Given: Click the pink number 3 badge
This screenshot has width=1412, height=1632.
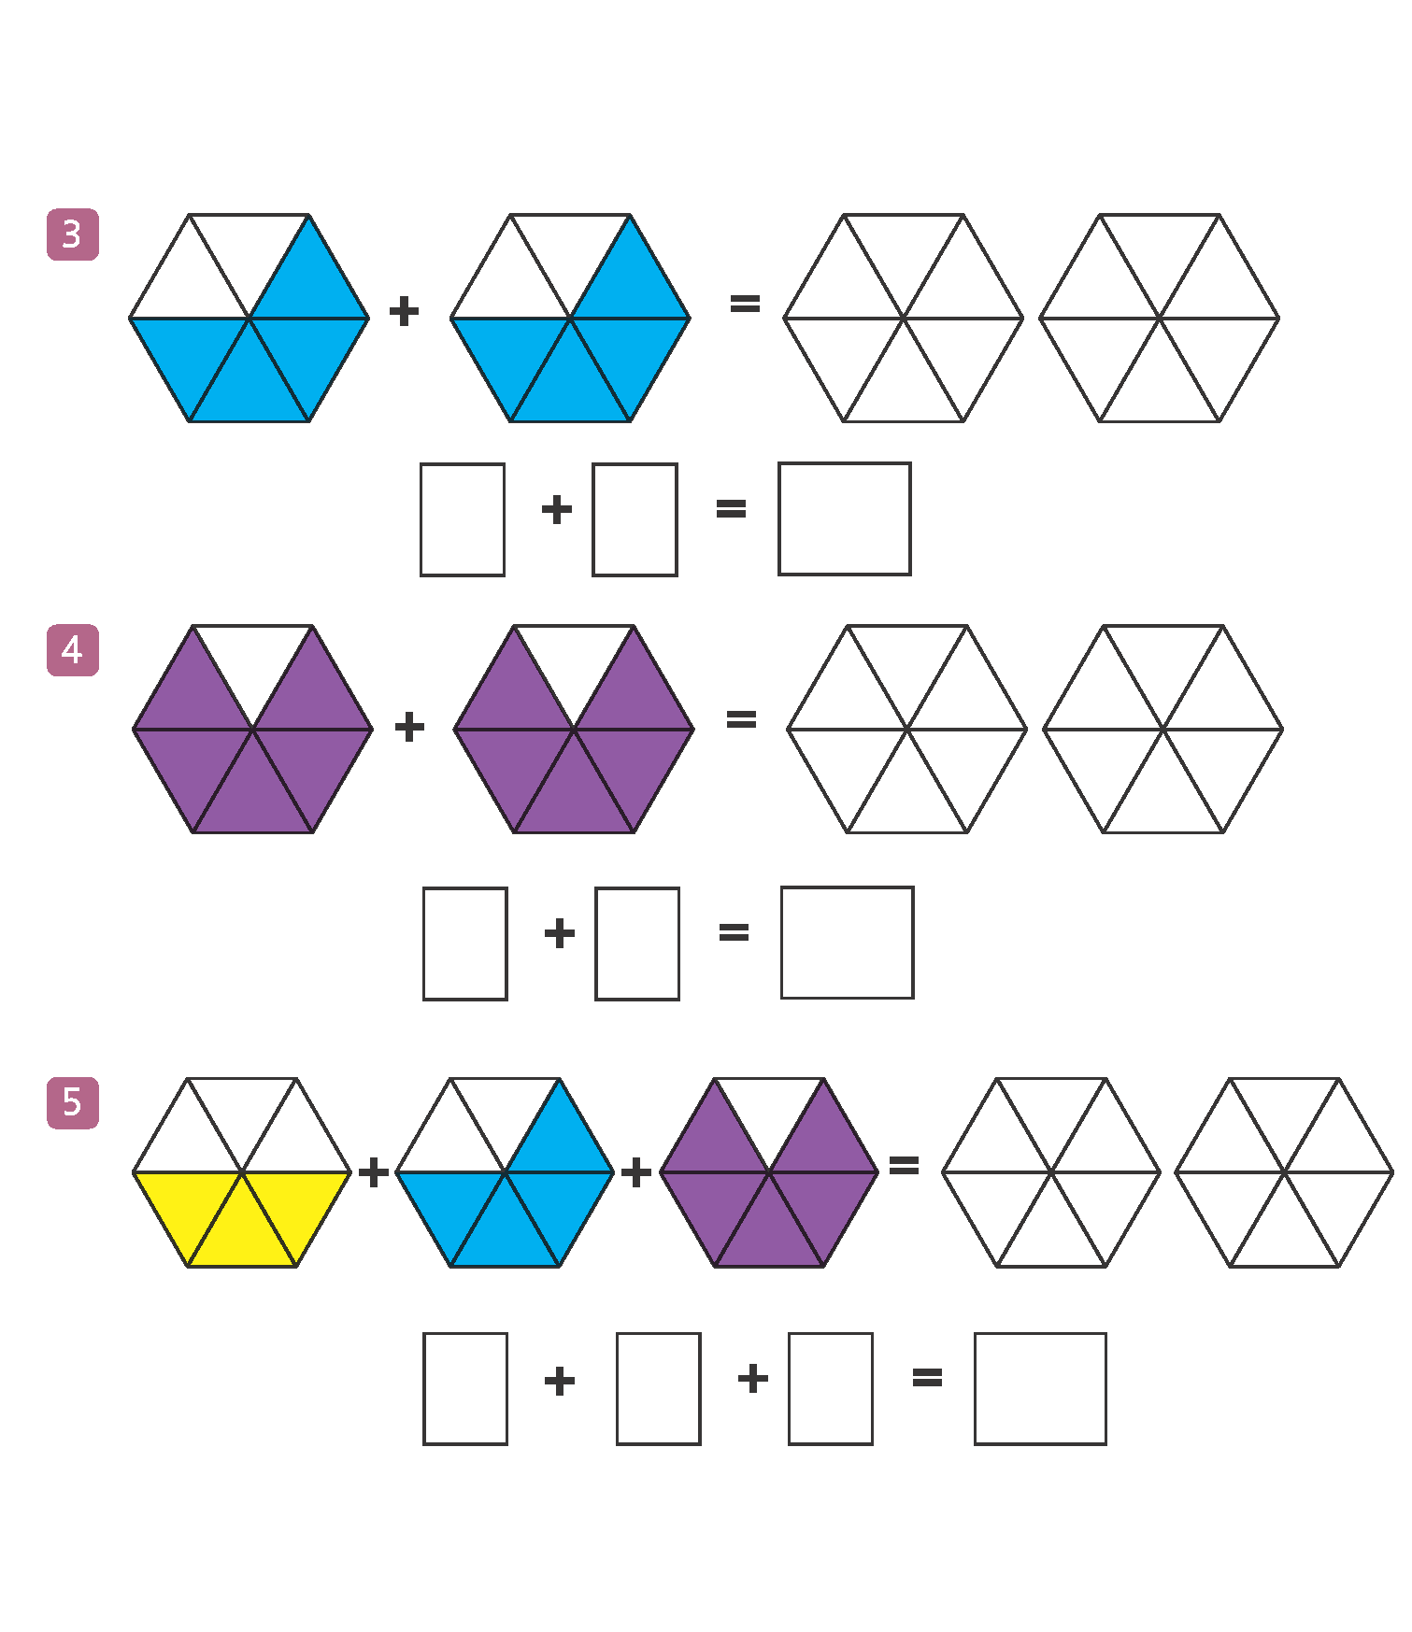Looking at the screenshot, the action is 73,234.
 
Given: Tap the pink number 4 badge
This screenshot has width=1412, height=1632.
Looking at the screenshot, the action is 73,650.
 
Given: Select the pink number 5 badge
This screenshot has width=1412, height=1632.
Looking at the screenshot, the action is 73,1103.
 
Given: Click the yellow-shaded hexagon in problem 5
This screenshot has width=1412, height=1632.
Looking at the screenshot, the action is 242,1172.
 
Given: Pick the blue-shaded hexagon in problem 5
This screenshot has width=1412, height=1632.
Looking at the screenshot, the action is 505,1172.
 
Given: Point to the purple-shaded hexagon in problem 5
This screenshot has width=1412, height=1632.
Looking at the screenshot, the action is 769,1172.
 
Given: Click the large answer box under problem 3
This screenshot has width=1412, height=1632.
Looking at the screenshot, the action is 845,518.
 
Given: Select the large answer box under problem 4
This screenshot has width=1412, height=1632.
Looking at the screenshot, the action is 848,943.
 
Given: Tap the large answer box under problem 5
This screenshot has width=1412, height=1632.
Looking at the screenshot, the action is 1040,1389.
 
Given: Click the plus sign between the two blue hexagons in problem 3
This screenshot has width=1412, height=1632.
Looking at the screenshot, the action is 404,311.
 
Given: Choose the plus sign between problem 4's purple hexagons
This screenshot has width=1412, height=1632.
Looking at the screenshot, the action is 409,727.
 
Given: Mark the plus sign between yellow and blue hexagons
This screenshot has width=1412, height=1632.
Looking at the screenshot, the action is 374,1172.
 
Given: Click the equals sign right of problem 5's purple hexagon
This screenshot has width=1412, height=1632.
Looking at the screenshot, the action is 904,1166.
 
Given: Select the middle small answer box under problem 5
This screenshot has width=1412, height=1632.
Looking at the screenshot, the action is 659,1389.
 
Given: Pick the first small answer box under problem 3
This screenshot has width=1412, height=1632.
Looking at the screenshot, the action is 463,519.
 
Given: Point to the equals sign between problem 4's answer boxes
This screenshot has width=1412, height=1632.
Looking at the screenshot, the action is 734,931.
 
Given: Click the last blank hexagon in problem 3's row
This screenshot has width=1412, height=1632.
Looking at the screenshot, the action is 1160,319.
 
